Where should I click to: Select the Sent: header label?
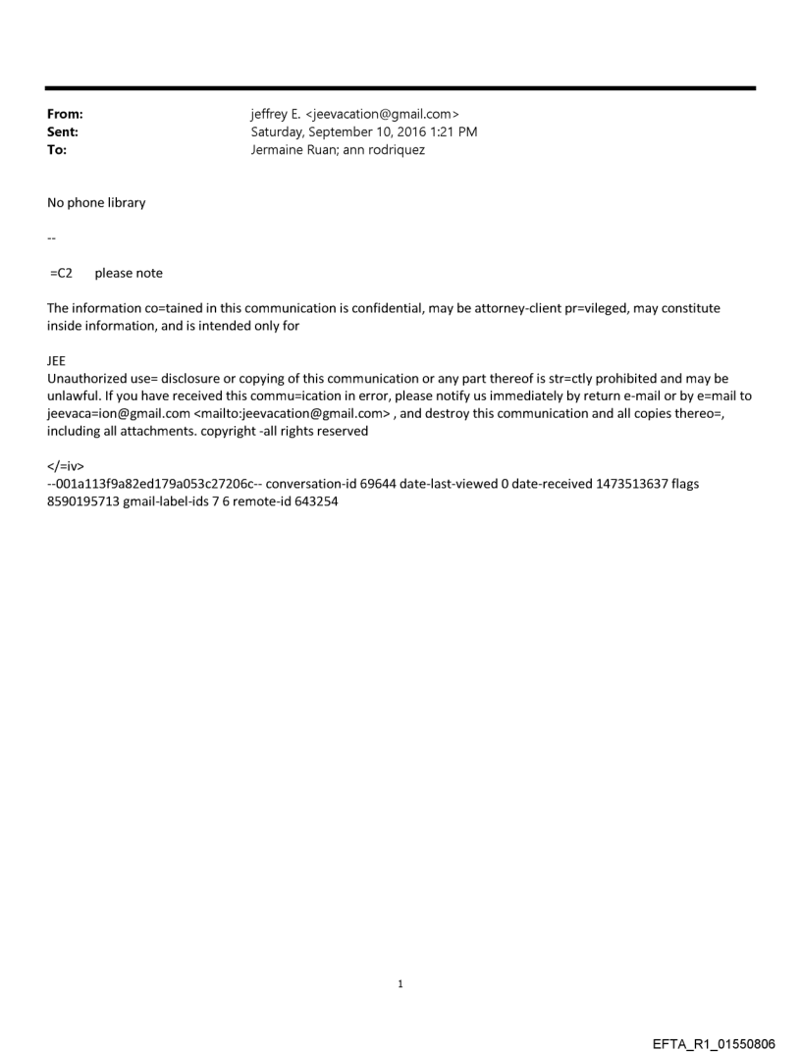[63, 132]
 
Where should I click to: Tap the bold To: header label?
[57, 150]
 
